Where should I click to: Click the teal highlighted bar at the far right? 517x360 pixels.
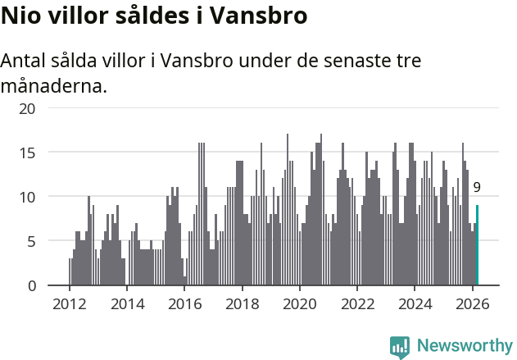point(477,246)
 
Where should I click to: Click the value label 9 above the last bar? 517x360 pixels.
point(477,187)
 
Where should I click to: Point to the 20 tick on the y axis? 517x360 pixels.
point(28,108)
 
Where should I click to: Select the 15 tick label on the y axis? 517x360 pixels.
point(28,153)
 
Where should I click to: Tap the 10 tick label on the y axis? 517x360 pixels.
point(28,197)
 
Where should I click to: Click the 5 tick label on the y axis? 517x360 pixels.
point(32,241)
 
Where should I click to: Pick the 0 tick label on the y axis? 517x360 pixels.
point(32,285)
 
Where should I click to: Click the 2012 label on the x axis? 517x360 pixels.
point(69,303)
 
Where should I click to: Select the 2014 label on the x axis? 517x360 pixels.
point(126,303)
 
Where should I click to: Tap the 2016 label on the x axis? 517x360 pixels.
point(184,303)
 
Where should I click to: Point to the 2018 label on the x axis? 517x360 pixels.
point(242,303)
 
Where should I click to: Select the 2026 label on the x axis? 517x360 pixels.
point(473,303)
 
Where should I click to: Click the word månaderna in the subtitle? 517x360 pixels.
point(53,85)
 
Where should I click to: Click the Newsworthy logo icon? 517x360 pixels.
point(400,346)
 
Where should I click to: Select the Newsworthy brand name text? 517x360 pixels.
point(464,346)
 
